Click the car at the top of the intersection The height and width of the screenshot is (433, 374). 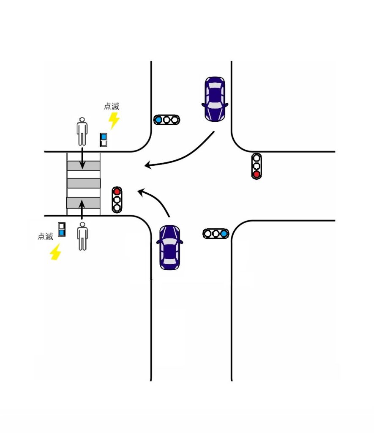coord(215,99)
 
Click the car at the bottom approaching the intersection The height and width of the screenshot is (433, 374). coord(169,248)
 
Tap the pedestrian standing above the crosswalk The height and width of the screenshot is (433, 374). coord(82,132)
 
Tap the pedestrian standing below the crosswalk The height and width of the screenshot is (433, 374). coord(82,238)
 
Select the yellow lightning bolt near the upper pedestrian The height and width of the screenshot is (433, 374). coord(114,121)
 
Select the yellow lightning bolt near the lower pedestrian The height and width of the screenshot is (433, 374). coord(55,252)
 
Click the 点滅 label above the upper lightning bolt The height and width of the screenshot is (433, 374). coord(112,107)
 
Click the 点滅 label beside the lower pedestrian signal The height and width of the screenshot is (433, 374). coord(45,236)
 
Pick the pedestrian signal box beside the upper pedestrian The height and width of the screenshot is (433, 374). coord(104,140)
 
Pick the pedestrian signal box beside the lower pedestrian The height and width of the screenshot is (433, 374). coord(62,229)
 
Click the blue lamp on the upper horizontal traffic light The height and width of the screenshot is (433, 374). coord(158,120)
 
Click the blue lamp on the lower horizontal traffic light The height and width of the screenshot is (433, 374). coord(224,233)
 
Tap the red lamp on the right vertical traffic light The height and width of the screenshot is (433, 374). coord(256,174)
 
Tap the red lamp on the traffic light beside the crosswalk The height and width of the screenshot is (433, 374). coord(117,192)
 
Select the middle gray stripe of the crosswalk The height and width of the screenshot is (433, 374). coord(84,183)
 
